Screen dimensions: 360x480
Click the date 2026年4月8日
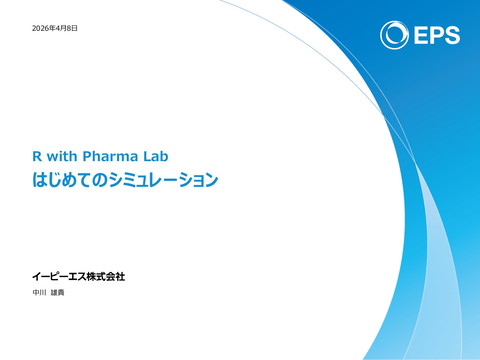[55, 28]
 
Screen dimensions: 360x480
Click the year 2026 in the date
[42, 28]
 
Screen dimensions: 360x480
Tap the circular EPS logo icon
[393, 34]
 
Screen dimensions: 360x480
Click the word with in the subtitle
[61, 156]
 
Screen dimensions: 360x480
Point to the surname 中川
[40, 292]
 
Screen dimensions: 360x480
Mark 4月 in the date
[61, 28]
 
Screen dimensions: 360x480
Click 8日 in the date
[72, 28]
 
